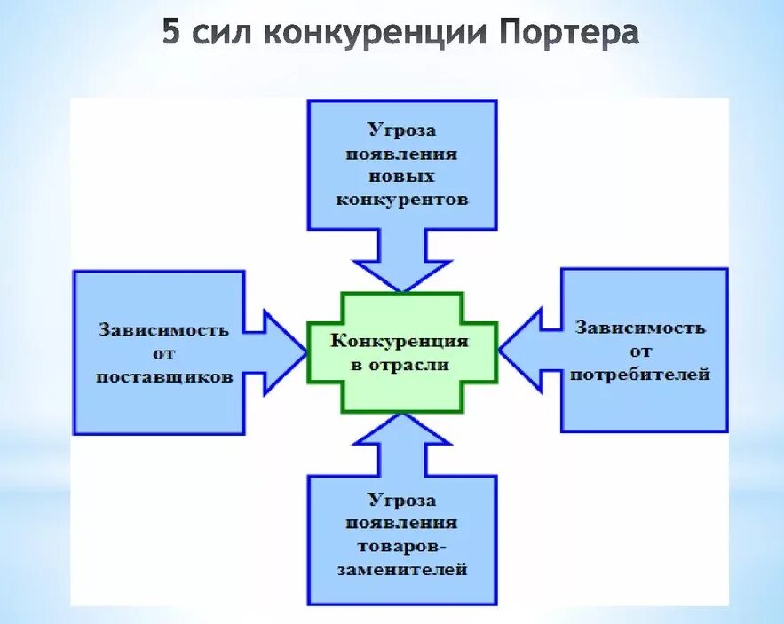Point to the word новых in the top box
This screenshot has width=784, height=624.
pos(401,177)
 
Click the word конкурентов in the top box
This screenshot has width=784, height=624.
pos(401,200)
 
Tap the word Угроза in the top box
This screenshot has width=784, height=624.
pos(401,130)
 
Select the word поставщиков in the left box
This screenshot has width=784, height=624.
pos(164,376)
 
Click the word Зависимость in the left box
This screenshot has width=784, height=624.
pos(164,330)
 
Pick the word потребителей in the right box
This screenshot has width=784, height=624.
pos(639,374)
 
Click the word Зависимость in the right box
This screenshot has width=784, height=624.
pos(639,327)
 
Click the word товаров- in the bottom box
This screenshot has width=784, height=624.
pos(402,546)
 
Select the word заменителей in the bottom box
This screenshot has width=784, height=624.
pos(402,569)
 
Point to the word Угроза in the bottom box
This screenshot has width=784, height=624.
pos(402,500)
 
